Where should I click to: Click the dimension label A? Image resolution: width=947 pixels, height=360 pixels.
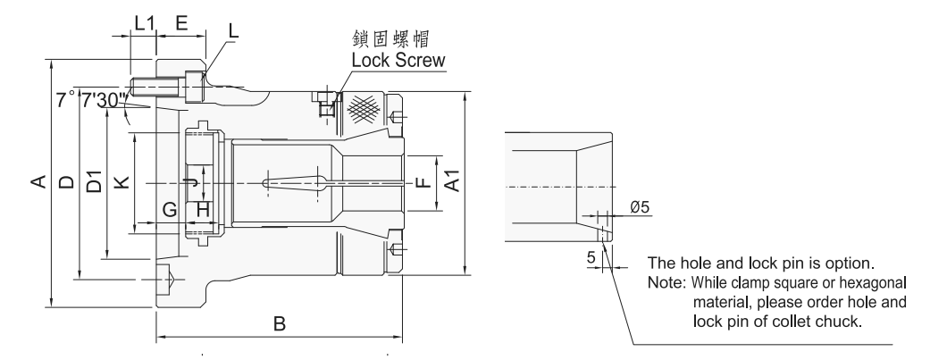point(38,183)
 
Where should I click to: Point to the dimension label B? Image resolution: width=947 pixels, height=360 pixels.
point(279,325)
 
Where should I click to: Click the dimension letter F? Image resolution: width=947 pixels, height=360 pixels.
point(423,183)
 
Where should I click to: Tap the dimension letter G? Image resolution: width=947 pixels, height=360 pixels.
point(170,209)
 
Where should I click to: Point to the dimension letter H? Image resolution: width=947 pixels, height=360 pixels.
point(203,209)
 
